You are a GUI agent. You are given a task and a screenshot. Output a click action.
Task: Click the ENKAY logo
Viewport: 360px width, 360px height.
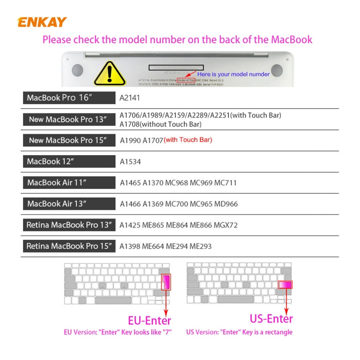(42, 22)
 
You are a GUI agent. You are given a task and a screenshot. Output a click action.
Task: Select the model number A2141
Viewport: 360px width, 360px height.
(131, 98)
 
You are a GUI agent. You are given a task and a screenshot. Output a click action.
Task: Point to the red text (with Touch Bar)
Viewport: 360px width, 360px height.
(188, 140)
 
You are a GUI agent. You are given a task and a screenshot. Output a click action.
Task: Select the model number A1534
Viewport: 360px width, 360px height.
(131, 162)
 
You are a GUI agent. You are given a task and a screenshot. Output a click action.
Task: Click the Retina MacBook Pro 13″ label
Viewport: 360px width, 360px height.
(69, 225)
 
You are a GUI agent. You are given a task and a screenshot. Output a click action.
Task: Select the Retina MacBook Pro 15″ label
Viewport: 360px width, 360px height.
(69, 246)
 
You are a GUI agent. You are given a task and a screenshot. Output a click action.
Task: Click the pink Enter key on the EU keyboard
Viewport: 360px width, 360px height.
(166, 282)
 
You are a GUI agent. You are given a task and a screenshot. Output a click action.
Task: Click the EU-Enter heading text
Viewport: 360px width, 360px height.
(149, 320)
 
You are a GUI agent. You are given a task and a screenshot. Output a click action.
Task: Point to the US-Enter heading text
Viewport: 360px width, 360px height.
(271, 318)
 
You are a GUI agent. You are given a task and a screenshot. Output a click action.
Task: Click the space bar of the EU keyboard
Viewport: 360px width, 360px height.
(113, 300)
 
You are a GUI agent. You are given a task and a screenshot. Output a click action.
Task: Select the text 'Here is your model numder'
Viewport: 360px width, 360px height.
(233, 74)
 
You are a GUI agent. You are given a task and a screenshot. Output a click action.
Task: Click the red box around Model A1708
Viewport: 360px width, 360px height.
(186, 80)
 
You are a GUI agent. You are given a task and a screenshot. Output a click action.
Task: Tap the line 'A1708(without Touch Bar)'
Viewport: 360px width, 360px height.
(160, 124)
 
